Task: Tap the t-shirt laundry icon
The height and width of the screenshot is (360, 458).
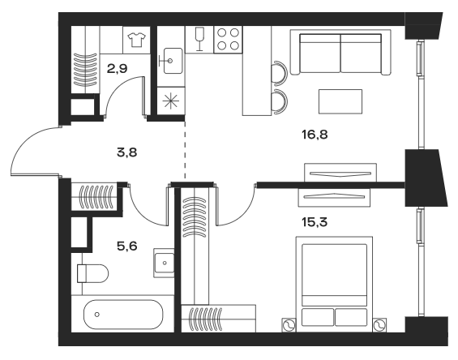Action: click(135, 38)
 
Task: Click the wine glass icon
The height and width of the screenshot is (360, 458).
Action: click(199, 37)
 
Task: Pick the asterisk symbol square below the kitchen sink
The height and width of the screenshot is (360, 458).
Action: click(171, 101)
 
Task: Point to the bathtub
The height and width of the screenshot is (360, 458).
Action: click(122, 314)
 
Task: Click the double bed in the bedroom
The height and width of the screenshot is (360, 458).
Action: click(337, 282)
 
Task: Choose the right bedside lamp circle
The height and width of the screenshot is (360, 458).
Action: click(379, 325)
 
